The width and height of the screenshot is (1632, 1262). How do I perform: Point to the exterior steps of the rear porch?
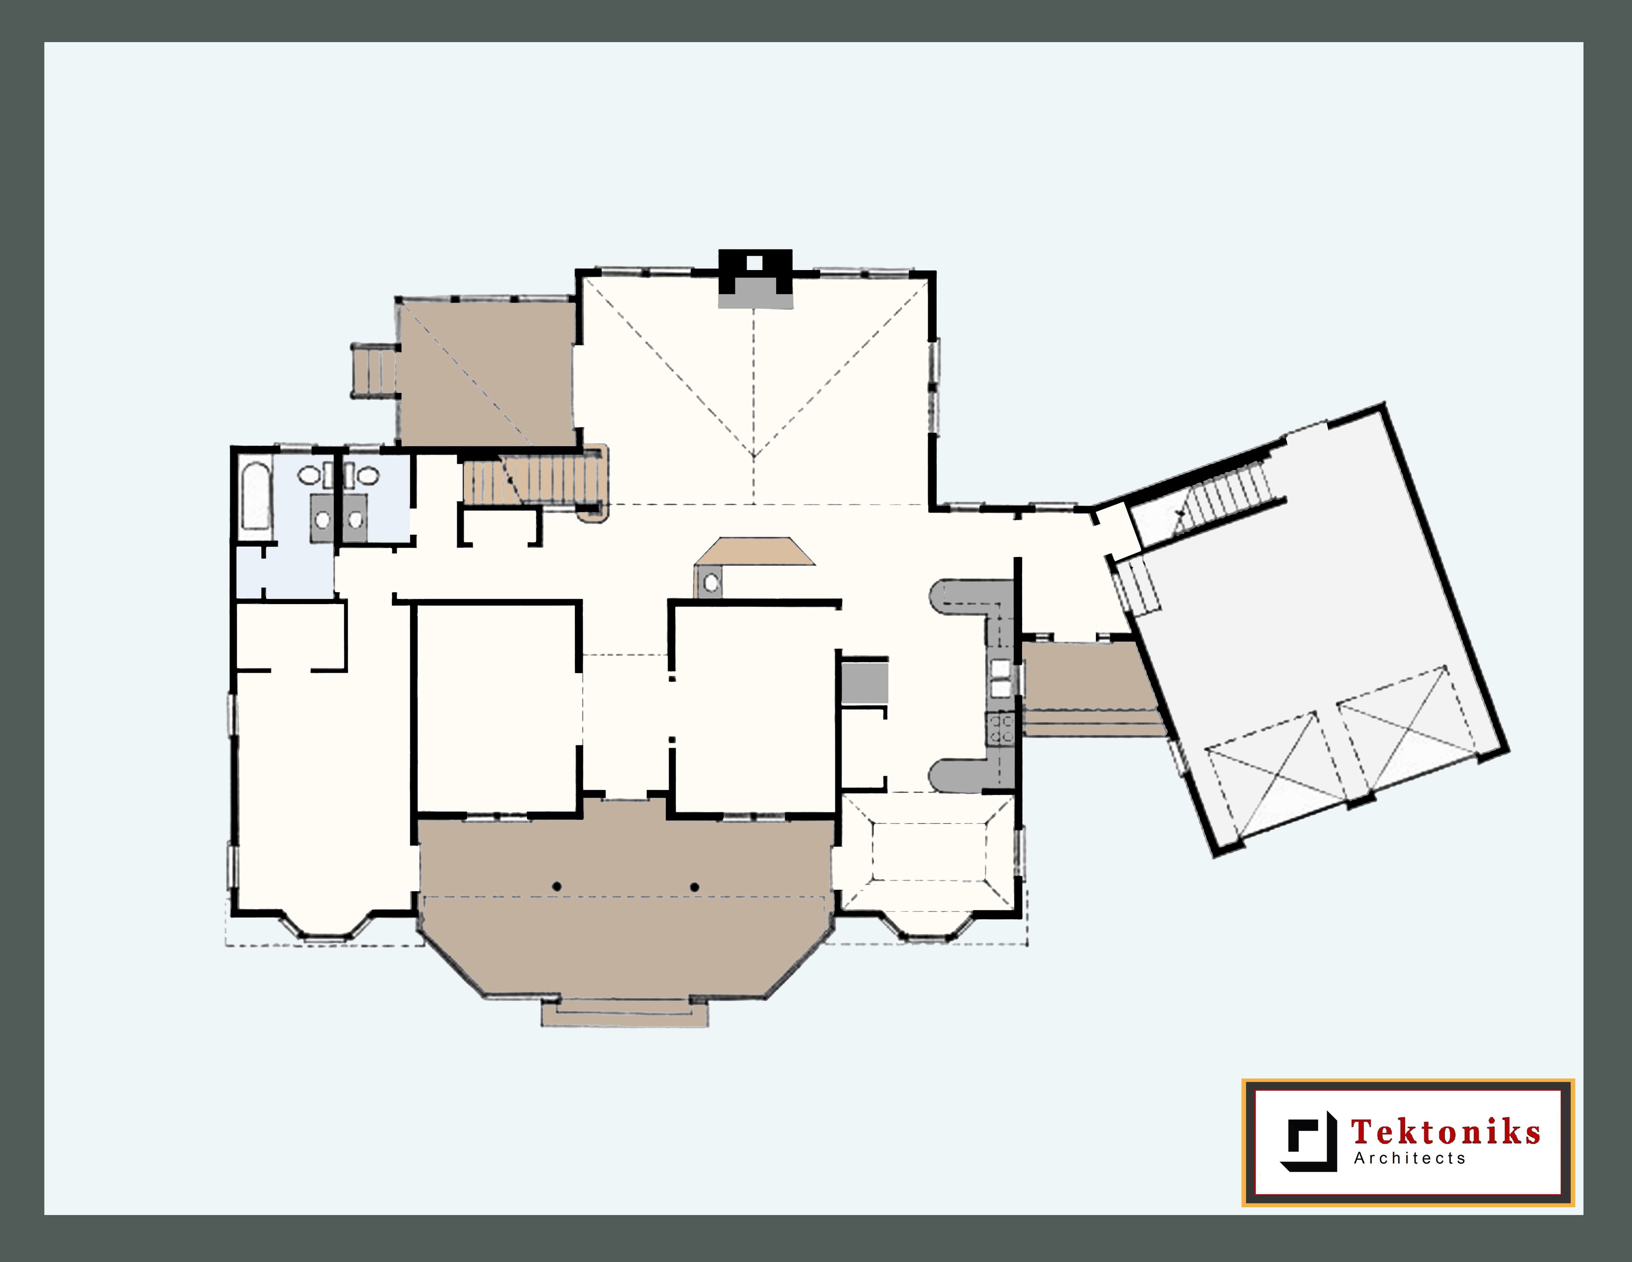pos(374,370)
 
